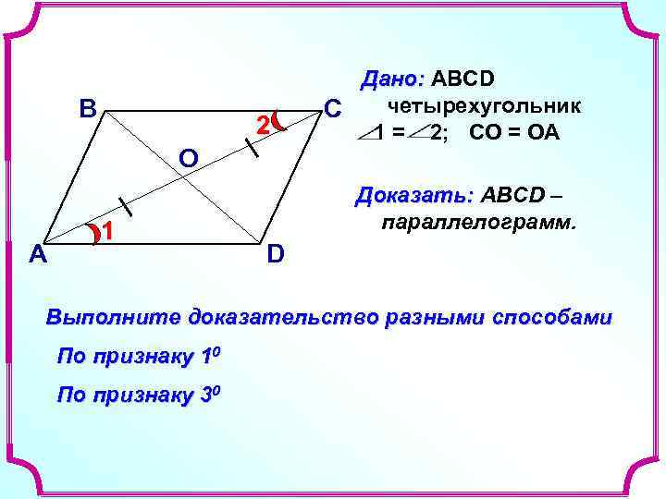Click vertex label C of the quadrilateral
pos(333,107)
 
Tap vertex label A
pos(38,252)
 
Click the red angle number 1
pos(107,233)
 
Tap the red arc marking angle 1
pos(95,235)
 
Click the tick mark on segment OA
pos(121,204)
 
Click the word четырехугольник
pos(486,104)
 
